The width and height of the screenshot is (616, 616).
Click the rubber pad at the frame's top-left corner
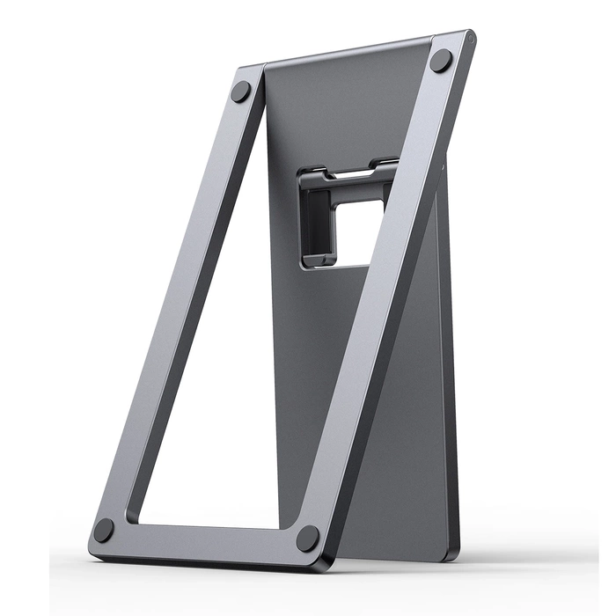point(239,92)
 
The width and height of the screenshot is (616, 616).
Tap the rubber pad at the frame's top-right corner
point(441,60)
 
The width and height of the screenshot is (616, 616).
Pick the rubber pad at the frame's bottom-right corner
point(308,538)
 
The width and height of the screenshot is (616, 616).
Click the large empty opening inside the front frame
point(229,352)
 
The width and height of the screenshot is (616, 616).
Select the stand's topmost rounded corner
point(469,37)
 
